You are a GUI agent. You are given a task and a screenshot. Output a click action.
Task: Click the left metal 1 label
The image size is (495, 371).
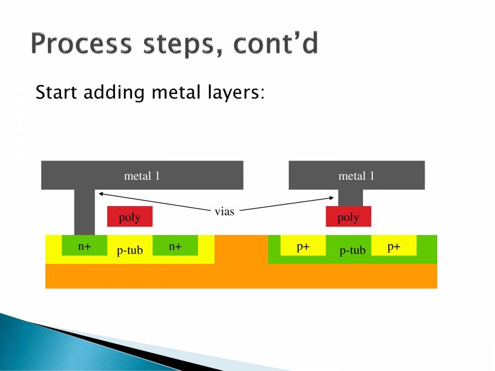coord(142,176)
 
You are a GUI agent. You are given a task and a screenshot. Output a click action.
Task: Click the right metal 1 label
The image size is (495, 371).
coord(356,176)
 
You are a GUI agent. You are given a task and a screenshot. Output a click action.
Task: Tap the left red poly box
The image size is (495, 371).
coord(130,217)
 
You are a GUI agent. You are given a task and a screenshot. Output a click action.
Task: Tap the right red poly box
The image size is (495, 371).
coord(348,217)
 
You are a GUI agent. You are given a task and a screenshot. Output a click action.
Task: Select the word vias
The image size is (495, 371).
coord(224,211)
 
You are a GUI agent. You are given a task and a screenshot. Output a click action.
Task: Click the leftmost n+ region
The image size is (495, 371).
coord(84,246)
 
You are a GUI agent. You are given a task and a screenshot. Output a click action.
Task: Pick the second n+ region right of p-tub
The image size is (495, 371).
coord(175,246)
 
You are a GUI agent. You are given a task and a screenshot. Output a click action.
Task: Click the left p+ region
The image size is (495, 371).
coord(303,246)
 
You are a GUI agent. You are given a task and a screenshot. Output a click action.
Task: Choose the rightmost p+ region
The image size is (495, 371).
coord(394,246)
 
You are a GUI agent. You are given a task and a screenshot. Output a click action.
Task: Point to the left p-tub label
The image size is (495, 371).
coord(130,251)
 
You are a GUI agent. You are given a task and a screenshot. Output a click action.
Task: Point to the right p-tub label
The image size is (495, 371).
coord(353,251)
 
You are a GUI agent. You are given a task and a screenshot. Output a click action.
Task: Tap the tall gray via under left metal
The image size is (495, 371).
coord(84,212)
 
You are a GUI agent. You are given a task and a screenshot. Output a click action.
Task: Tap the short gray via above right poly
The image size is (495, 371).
coord(350,198)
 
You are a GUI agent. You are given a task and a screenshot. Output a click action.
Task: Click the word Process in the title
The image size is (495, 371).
coord(82,44)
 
